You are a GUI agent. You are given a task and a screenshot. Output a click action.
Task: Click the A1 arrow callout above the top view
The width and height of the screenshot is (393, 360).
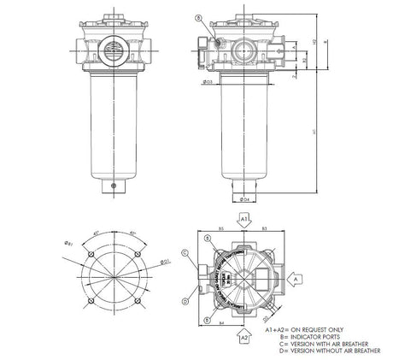[x=245, y=219]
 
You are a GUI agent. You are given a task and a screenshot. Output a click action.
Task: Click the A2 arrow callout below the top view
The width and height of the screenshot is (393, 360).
[x=245, y=338]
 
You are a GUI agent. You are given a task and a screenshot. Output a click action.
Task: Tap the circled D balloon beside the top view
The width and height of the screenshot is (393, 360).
[x=185, y=302]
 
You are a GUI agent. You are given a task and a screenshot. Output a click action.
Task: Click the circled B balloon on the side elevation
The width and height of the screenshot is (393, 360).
[x=198, y=18]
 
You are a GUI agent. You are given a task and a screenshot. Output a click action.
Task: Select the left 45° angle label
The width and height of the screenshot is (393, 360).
[x=98, y=232]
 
